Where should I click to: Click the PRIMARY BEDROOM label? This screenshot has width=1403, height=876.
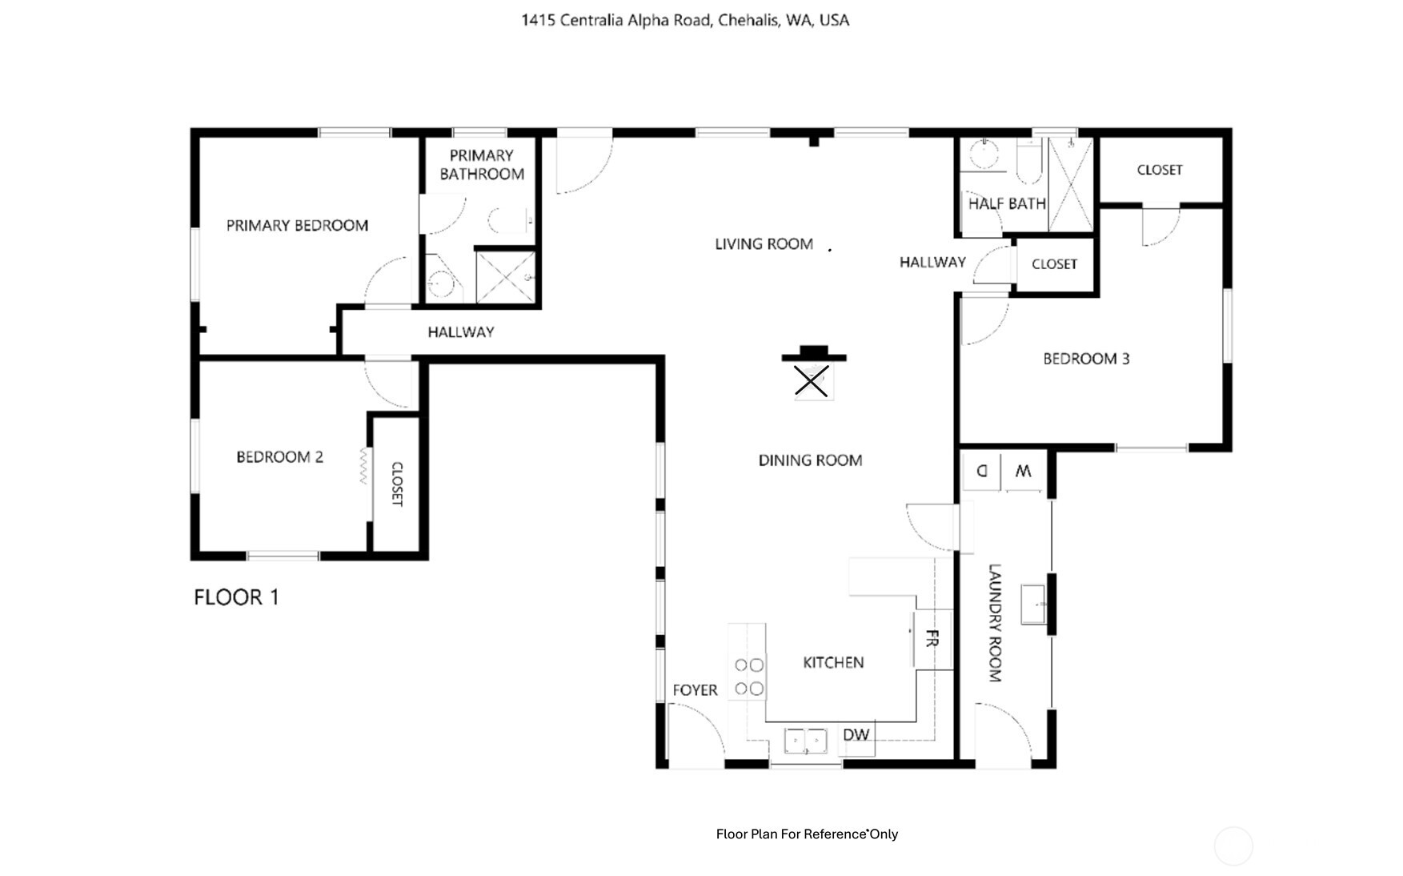coord(297,226)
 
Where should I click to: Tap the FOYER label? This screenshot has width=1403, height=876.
coord(695,690)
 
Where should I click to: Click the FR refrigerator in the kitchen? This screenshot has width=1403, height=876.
coord(932,639)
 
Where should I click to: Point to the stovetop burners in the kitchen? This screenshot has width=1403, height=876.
coord(748,677)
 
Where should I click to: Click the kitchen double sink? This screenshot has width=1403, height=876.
coord(805,741)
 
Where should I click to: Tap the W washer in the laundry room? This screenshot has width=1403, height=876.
coord(1023,472)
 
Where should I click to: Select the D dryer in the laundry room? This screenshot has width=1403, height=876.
coord(981,471)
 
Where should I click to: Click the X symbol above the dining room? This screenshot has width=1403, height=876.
coord(812,382)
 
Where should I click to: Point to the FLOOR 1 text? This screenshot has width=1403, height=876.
coord(236,597)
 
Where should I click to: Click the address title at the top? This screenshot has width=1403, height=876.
coord(685,20)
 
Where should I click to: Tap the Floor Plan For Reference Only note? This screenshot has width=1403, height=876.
coord(807,834)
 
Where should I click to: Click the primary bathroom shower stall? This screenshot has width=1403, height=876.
coord(506,277)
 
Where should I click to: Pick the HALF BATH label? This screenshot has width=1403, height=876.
coord(1007,204)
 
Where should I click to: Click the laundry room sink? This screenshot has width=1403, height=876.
coord(1034,605)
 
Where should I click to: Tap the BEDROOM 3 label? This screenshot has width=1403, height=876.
coord(1086,359)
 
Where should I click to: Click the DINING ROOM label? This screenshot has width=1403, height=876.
coord(810,460)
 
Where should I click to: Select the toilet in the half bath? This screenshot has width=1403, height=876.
coord(1028,162)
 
